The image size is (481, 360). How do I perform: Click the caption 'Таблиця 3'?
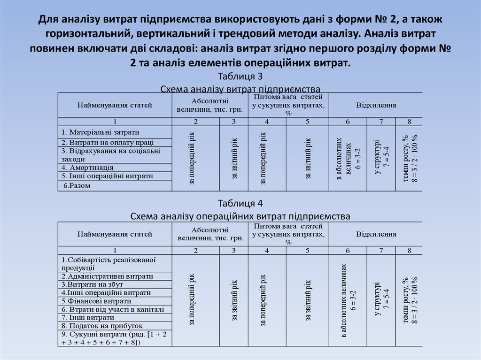[240, 77]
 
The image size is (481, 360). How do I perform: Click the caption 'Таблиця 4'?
[240, 204]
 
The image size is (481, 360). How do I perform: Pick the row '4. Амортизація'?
[87, 168]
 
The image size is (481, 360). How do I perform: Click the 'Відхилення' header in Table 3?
[376, 105]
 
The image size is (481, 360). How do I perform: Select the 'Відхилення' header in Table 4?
[376, 234]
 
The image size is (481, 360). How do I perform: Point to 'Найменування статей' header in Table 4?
[115, 234]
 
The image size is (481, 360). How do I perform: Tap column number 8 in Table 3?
[409, 122]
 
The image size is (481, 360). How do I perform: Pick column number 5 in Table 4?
[307, 250]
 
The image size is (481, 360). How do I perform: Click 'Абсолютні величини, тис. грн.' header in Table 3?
[210, 105]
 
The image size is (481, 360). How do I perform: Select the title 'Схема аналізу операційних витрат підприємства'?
[240, 216]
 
